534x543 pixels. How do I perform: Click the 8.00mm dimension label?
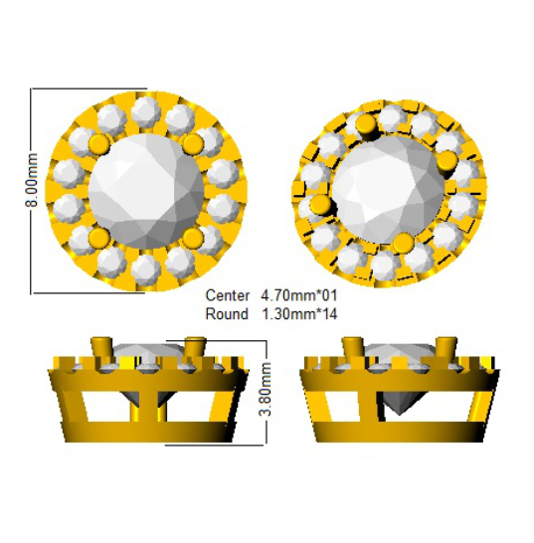pyautogui.click(x=31, y=180)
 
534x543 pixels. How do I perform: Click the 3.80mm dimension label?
pyautogui.click(x=266, y=389)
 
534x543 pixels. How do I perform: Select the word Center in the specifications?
pyautogui.click(x=227, y=295)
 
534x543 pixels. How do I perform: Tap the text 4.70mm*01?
pyautogui.click(x=299, y=295)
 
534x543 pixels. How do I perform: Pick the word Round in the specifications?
pyautogui.click(x=227, y=314)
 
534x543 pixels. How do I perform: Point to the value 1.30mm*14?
pyautogui.click(x=299, y=314)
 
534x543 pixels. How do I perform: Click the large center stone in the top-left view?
pyautogui.click(x=146, y=192)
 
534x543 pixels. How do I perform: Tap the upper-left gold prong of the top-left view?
pyautogui.click(x=99, y=144)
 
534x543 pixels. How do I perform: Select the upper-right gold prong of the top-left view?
pyautogui.click(x=193, y=144)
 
